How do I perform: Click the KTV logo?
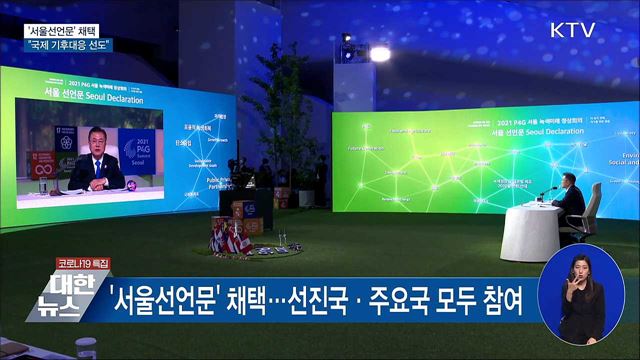(x=572, y=30)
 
